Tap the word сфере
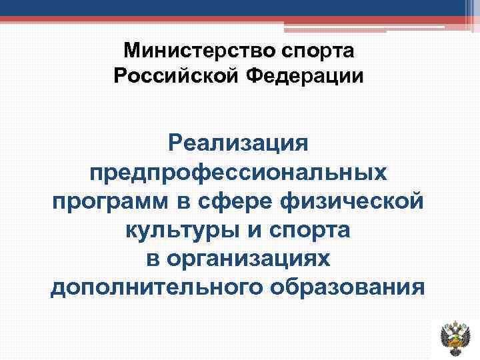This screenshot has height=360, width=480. click(x=234, y=201)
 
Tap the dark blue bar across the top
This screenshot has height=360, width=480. click(x=227, y=7)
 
